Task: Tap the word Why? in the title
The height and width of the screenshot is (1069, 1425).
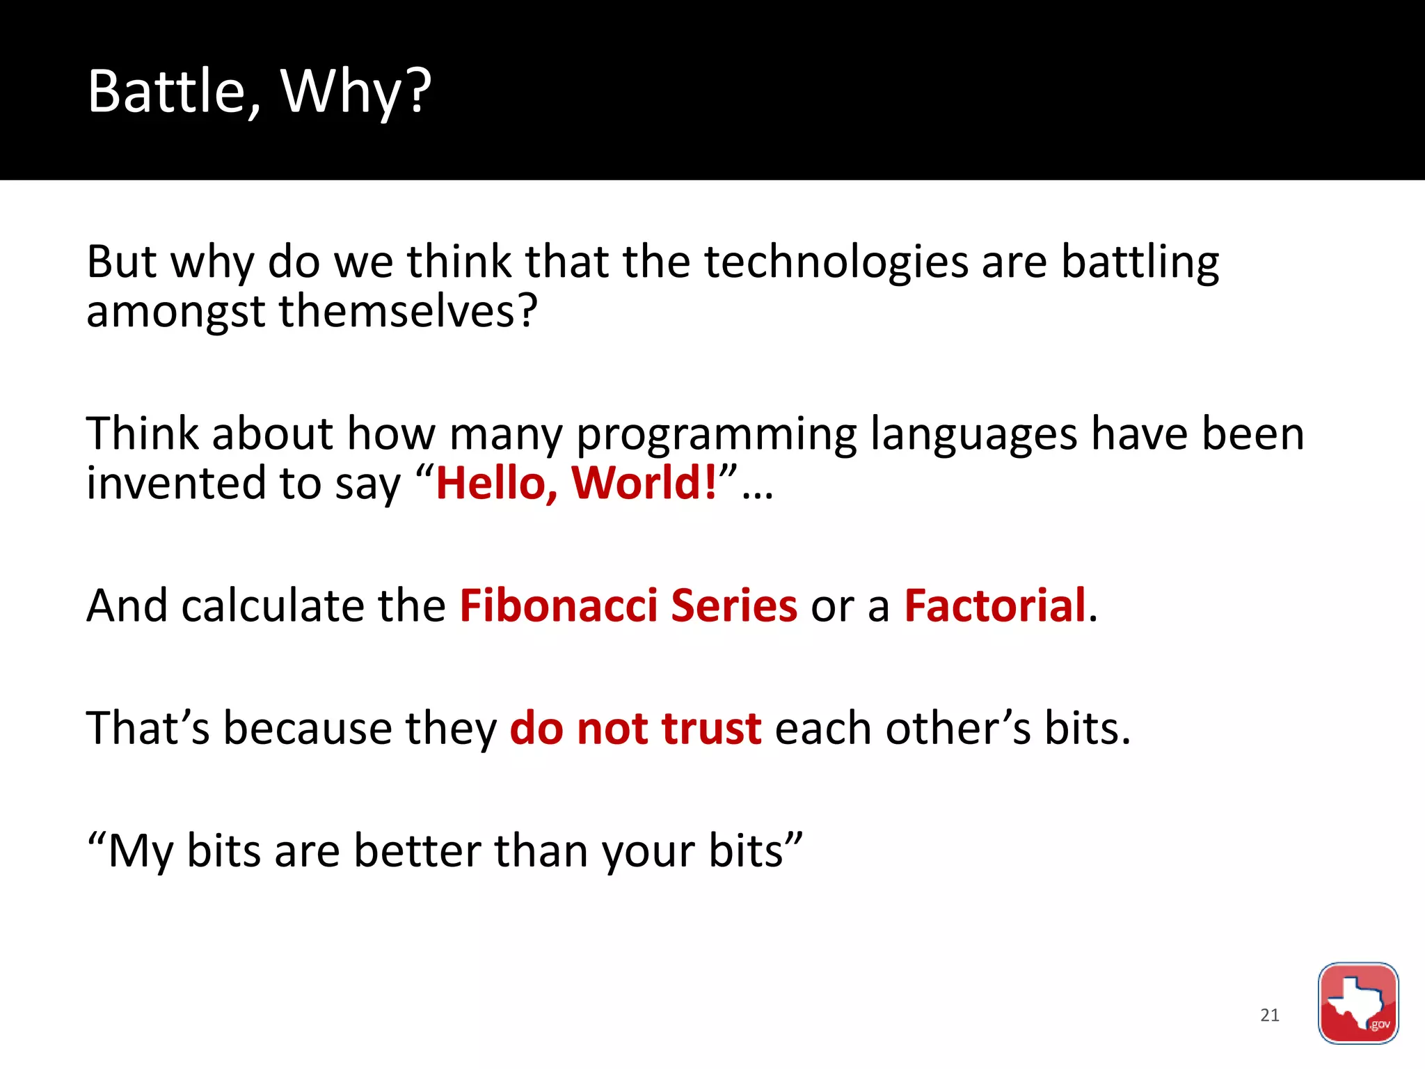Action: [x=356, y=91]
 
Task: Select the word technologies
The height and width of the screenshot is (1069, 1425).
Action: [x=836, y=262]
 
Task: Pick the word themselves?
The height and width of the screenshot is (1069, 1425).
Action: [x=408, y=311]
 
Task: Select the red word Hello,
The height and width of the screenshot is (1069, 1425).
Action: [x=497, y=484]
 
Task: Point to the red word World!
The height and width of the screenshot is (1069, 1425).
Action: [x=644, y=482]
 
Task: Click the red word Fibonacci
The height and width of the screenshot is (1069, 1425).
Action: [x=558, y=605]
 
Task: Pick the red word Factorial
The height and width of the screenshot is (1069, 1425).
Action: [x=995, y=605]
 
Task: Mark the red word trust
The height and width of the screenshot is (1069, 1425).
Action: [x=711, y=729]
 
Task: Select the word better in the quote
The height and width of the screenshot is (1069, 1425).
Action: [x=417, y=850]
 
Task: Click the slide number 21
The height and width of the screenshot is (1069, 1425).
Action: [x=1270, y=1015]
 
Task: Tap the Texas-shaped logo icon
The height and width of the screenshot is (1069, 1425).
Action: [x=1357, y=1002]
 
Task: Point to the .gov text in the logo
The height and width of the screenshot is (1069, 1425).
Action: [x=1379, y=1024]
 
